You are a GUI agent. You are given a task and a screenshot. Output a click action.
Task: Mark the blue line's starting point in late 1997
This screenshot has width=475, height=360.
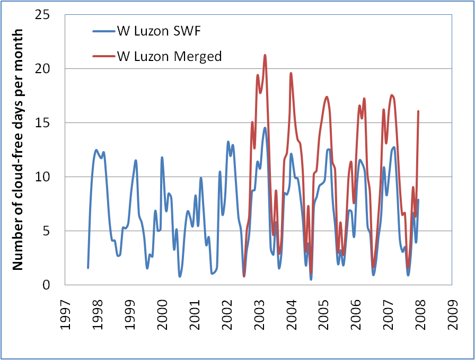pyautogui.click(x=88, y=268)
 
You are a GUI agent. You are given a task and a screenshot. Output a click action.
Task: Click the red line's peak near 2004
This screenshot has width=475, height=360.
pyautogui.click(x=291, y=73)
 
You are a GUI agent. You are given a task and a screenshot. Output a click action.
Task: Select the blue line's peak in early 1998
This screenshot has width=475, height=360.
pyautogui.click(x=96, y=150)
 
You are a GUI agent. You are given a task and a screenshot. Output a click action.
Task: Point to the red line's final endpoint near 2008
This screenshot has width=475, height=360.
pyautogui.click(x=419, y=111)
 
